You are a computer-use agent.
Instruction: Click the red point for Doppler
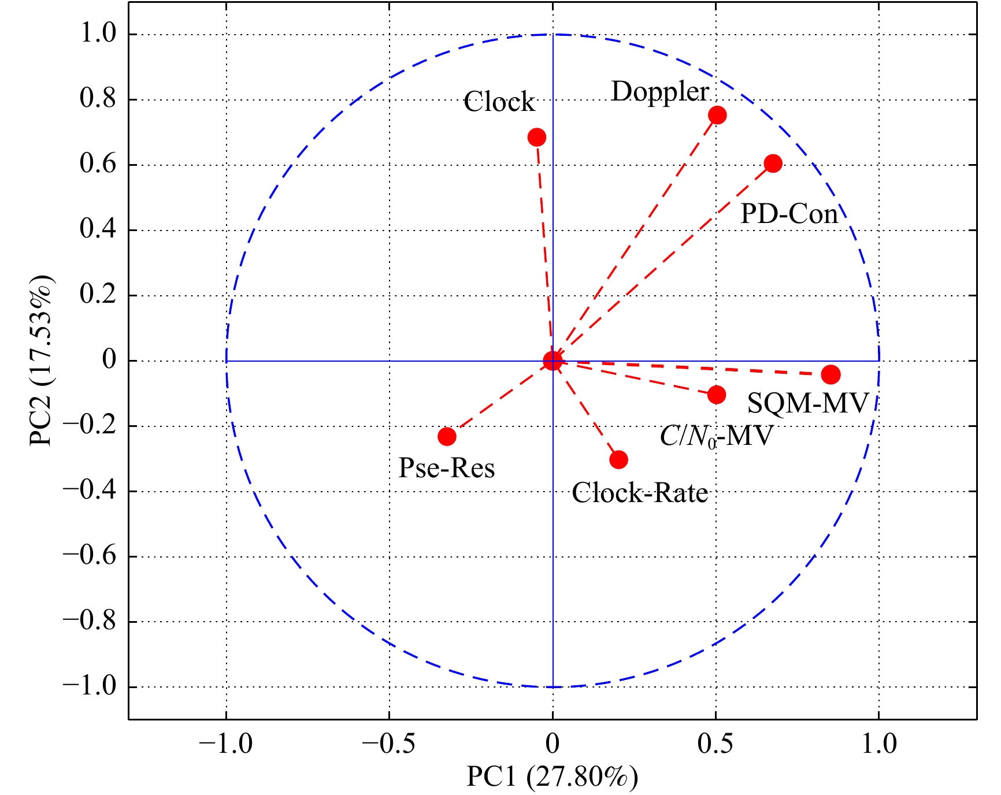717,115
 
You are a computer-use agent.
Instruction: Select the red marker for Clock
537,137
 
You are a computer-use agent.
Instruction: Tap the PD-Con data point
773,164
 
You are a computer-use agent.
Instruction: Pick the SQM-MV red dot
831,374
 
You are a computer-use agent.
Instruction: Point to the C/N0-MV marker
717,395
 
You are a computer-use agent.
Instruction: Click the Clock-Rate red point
618,459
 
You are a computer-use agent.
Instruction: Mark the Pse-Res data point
447,436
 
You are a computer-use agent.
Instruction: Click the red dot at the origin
553,361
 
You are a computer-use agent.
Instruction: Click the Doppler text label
660,92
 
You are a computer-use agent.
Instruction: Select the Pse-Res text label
447,468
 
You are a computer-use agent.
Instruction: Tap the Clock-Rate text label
640,493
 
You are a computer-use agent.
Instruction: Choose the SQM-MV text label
808,403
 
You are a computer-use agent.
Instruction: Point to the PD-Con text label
789,214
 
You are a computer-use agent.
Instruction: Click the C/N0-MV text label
716,436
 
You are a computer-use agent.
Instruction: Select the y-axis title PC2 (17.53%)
41,361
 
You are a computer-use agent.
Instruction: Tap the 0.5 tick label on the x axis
715,744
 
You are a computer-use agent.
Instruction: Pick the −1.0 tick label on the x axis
225,744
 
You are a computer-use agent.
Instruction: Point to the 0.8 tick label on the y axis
98,99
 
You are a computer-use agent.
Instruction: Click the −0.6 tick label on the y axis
90,556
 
